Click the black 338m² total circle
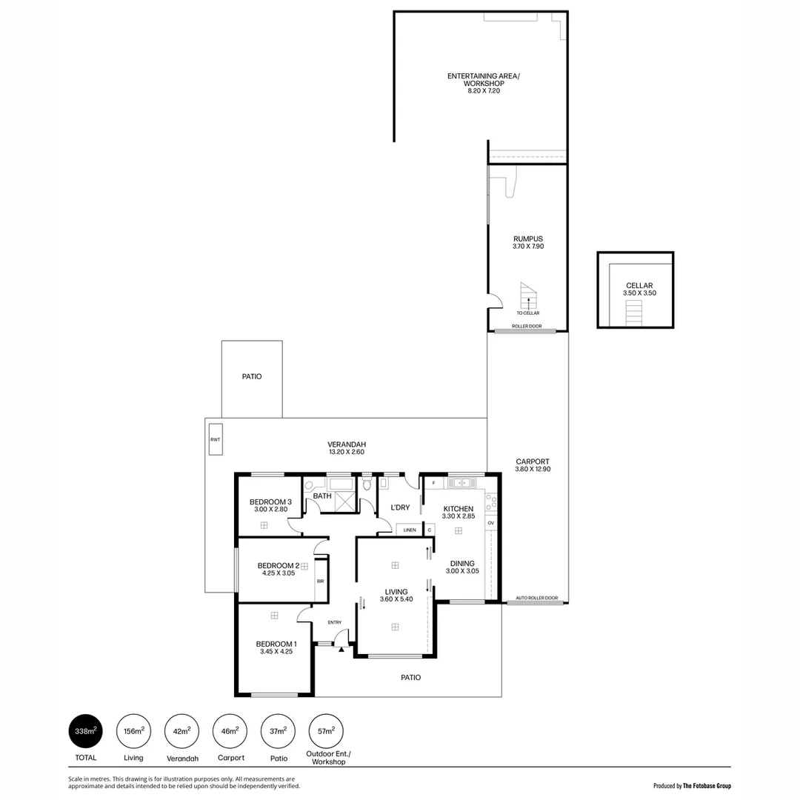(x=84, y=731)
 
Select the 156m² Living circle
(x=133, y=731)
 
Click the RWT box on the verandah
(x=216, y=439)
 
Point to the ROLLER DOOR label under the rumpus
(x=526, y=326)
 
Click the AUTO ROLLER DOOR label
(x=537, y=597)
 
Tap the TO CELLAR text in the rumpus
(x=527, y=313)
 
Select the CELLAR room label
(x=639, y=285)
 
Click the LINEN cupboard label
(x=409, y=530)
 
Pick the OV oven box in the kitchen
(x=490, y=523)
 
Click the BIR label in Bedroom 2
(x=320, y=581)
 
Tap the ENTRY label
(x=334, y=622)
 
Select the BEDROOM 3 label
(x=270, y=501)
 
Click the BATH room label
(x=321, y=496)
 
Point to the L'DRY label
(x=400, y=507)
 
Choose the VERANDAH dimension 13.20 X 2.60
(x=347, y=452)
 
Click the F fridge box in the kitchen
(x=433, y=483)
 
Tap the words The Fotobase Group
(x=707, y=786)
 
